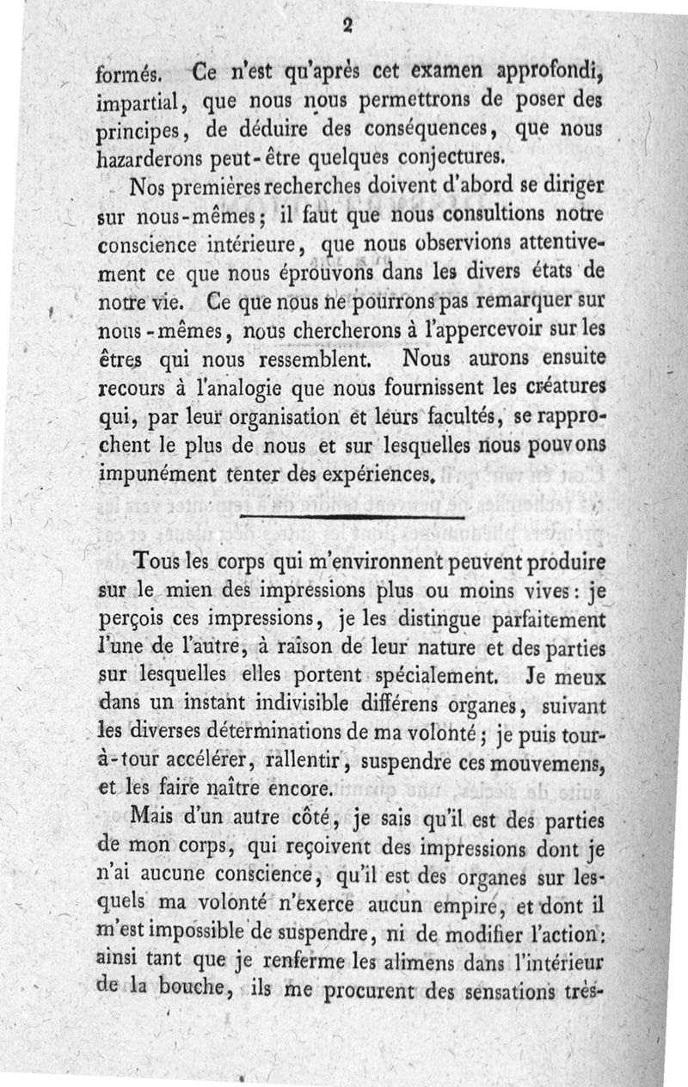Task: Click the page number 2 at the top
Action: [x=348, y=27]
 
